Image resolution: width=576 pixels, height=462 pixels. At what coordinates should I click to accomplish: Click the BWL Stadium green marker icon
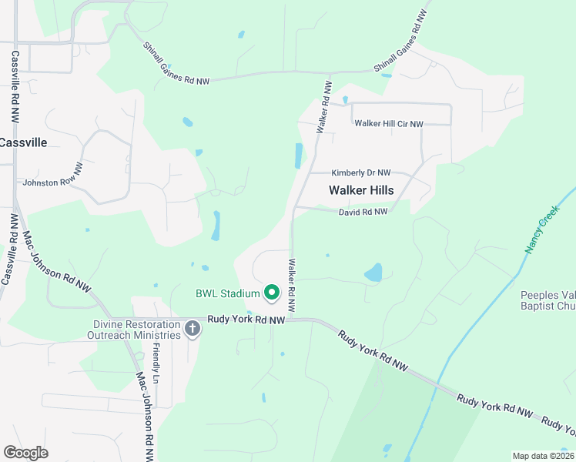(x=272, y=293)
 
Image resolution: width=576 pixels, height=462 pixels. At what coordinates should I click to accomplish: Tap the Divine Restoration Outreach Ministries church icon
(x=193, y=330)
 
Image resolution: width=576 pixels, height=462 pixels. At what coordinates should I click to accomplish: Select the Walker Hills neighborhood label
(x=361, y=190)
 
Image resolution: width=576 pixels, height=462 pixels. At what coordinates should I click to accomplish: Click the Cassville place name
(x=23, y=142)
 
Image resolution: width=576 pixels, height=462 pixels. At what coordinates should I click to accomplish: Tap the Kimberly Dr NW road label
(x=360, y=173)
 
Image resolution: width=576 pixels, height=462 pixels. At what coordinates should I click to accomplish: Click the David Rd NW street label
(x=363, y=212)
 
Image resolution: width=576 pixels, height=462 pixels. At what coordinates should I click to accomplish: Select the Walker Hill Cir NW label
(x=388, y=123)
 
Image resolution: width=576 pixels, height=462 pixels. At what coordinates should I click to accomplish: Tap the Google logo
(x=25, y=453)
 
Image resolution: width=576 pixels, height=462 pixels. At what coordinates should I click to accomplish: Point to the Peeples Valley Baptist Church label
(x=548, y=300)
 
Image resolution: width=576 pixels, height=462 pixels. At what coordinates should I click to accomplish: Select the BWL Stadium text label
(x=227, y=293)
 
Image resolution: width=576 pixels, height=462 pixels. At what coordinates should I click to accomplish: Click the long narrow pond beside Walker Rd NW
(x=298, y=156)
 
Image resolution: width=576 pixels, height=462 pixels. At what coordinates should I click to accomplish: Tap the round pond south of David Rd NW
(x=373, y=273)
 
